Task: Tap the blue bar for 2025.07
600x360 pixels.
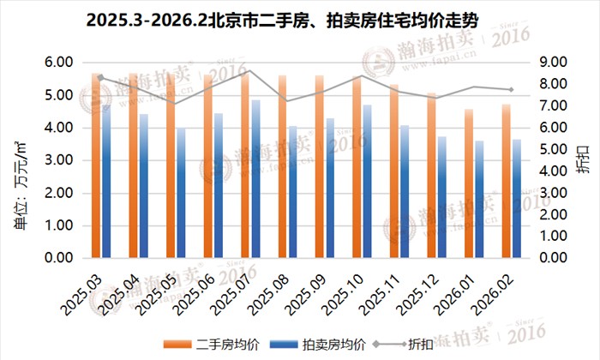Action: click(255, 179)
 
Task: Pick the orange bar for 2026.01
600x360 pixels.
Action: click(468, 183)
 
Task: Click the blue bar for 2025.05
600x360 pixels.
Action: click(180, 193)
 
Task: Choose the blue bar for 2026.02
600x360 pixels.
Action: click(517, 199)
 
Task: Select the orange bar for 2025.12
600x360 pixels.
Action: click(431, 175)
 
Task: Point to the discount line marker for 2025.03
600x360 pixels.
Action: click(101, 78)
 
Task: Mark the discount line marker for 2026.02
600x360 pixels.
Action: click(511, 89)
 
